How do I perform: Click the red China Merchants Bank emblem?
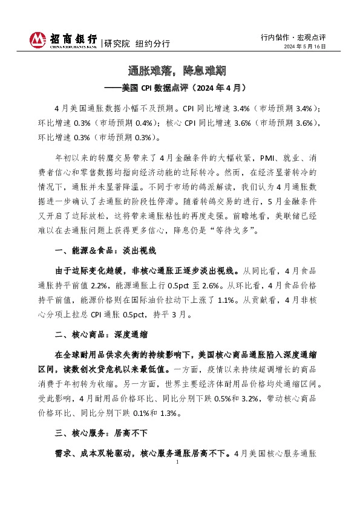pyautogui.click(x=38, y=40)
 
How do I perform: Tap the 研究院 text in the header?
pyautogui.click(x=117, y=44)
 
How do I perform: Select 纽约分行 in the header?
pyautogui.click(x=152, y=44)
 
